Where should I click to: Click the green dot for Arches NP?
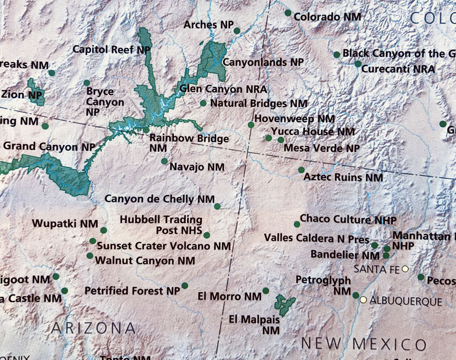coord(237,31)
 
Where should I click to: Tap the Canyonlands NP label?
coord(263,62)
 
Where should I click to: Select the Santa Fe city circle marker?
coord(406,269)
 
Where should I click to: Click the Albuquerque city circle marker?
coord(364,300)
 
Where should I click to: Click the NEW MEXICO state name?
coord(364,343)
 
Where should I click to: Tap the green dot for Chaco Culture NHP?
coord(297,224)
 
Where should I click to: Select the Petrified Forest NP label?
coord(133,291)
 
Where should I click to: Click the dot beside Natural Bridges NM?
coord(203,103)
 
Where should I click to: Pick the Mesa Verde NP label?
coord(322,148)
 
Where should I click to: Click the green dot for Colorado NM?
coord(288,13)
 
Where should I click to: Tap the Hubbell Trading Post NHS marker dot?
coord(207,235)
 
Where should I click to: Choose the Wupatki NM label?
coord(65,223)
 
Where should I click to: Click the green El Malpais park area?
coord(284,305)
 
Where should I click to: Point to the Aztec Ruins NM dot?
coord(301,170)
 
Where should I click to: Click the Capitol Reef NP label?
coord(112,49)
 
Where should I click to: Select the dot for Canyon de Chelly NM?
coord(217,206)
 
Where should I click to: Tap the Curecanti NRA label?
coord(398,69)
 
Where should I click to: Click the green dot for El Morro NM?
coord(266,291)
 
